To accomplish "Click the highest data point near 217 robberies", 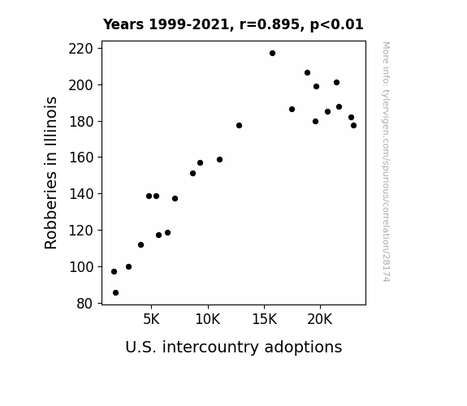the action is tap(272, 54).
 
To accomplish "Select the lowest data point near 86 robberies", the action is tap(115, 293).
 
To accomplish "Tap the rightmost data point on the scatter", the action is tap(353, 125).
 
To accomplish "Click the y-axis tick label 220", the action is tap(80, 49).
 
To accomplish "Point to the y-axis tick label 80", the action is tap(84, 304).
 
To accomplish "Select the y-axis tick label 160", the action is tap(80, 158).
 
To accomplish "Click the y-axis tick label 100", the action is tap(80, 267).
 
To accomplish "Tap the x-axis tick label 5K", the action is tap(151, 319).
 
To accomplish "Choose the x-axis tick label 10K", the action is tap(208, 319).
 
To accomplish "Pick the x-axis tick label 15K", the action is tap(265, 319).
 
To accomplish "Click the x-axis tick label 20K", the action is tap(320, 319).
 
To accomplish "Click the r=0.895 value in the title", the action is tap(270, 24).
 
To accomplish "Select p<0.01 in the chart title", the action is tap(336, 25).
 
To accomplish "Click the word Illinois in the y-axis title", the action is tap(50, 121).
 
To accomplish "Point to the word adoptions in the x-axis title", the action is tap(303, 347).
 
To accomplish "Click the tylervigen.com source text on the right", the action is tap(386, 162).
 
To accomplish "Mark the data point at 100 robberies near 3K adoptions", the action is tap(128, 266).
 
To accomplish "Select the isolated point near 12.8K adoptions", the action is tap(239, 125).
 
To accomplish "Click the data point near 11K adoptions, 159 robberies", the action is tap(219, 160).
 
